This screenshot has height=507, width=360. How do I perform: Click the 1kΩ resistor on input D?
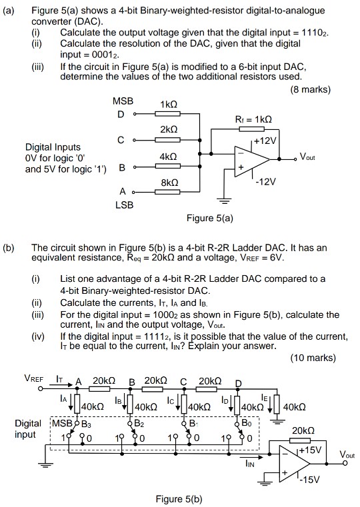167,114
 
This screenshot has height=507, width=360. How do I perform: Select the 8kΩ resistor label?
169,183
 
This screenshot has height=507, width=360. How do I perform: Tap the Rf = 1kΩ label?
253,120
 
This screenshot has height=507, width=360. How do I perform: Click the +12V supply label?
265,141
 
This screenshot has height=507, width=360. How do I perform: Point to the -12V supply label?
265,182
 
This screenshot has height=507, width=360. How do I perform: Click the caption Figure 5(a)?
209,219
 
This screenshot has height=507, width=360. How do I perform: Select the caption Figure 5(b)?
179,499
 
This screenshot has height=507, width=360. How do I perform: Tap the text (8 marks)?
311,89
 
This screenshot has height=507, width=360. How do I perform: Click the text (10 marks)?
313,358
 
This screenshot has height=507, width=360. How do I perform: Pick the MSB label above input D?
123,101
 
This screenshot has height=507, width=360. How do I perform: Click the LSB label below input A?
124,205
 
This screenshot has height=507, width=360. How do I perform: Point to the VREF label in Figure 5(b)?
33,378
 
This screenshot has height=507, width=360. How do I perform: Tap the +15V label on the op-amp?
310,450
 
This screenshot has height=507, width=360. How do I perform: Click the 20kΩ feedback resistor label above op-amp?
303,430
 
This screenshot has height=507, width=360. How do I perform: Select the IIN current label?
250,464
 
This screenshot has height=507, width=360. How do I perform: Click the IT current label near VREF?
59,378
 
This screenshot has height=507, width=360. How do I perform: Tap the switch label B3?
87,424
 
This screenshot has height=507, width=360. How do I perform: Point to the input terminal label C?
121,140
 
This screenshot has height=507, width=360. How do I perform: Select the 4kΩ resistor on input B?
167,166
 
